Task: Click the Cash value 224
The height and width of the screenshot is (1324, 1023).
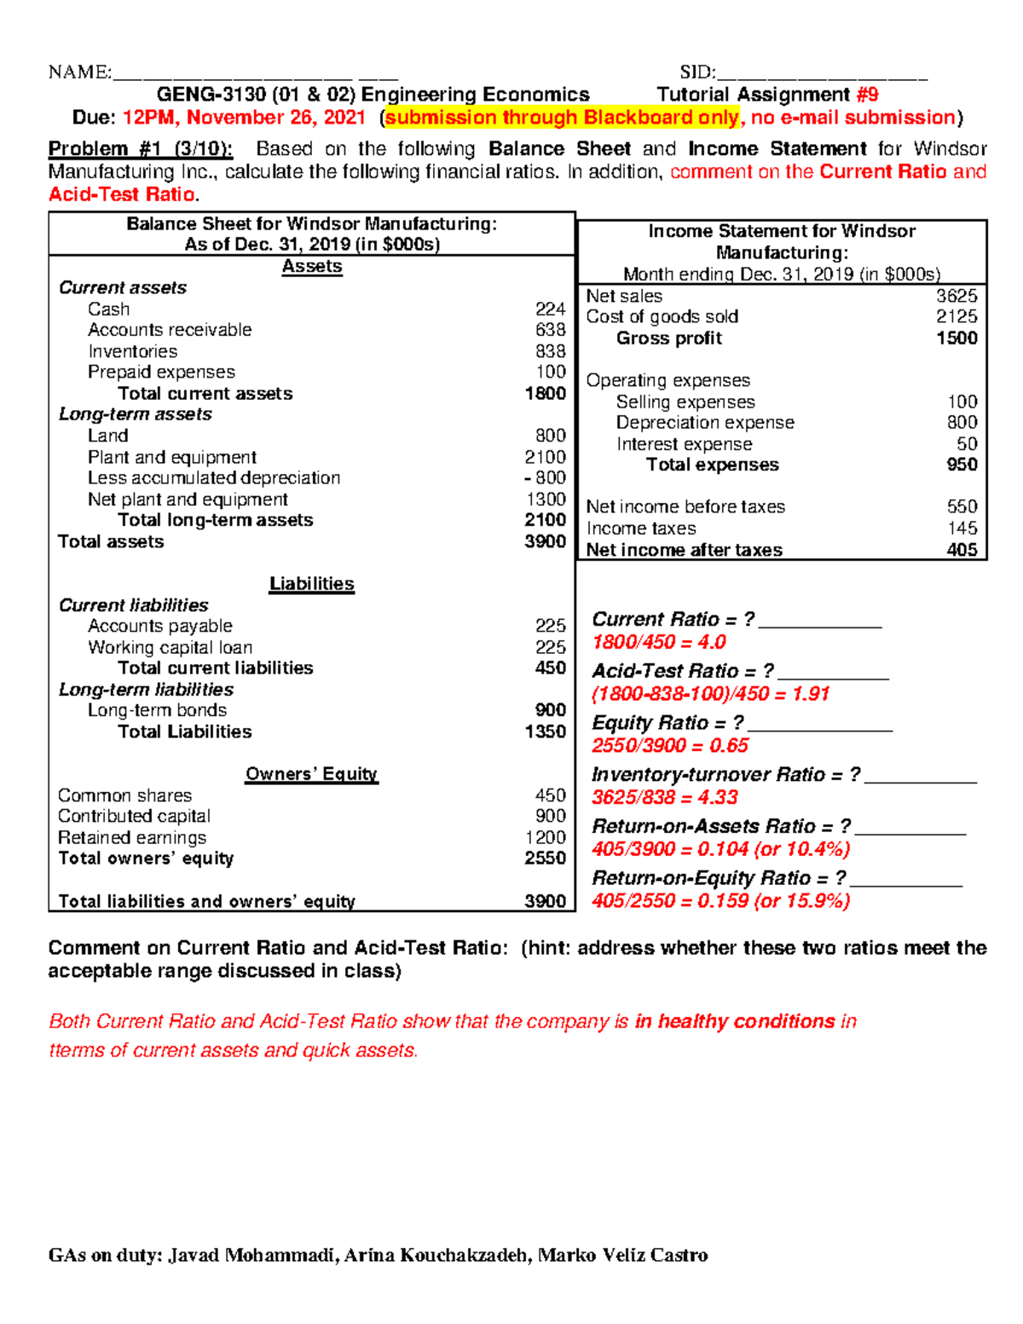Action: [x=550, y=309]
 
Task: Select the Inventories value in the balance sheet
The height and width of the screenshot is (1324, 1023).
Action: [x=550, y=351]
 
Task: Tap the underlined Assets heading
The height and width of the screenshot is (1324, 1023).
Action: [x=312, y=267]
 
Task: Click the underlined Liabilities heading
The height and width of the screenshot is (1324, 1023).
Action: [x=312, y=584]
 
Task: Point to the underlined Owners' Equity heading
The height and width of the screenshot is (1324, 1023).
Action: [x=312, y=774]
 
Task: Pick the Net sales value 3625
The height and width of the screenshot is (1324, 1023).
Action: [x=957, y=296]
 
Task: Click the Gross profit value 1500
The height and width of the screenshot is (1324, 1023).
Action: [x=957, y=338]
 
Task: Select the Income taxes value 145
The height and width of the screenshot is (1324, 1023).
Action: [x=962, y=529]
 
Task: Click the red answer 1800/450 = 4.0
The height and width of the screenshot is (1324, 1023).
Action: [x=659, y=642]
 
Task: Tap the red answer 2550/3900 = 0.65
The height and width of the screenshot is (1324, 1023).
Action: [x=670, y=745]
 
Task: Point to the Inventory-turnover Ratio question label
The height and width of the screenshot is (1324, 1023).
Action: [x=725, y=774]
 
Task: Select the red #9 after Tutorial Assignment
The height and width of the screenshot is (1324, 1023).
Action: [x=867, y=95]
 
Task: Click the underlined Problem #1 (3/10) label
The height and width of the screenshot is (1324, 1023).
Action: [x=140, y=149]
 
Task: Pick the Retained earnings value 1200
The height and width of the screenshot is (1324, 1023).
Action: [x=546, y=837]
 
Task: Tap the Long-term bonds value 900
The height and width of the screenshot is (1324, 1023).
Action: [x=550, y=710]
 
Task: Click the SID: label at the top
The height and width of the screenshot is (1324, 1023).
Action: [x=697, y=72]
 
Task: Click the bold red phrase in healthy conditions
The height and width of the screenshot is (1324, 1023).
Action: [x=735, y=1021]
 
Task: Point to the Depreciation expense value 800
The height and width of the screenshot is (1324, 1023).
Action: [x=962, y=422]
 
